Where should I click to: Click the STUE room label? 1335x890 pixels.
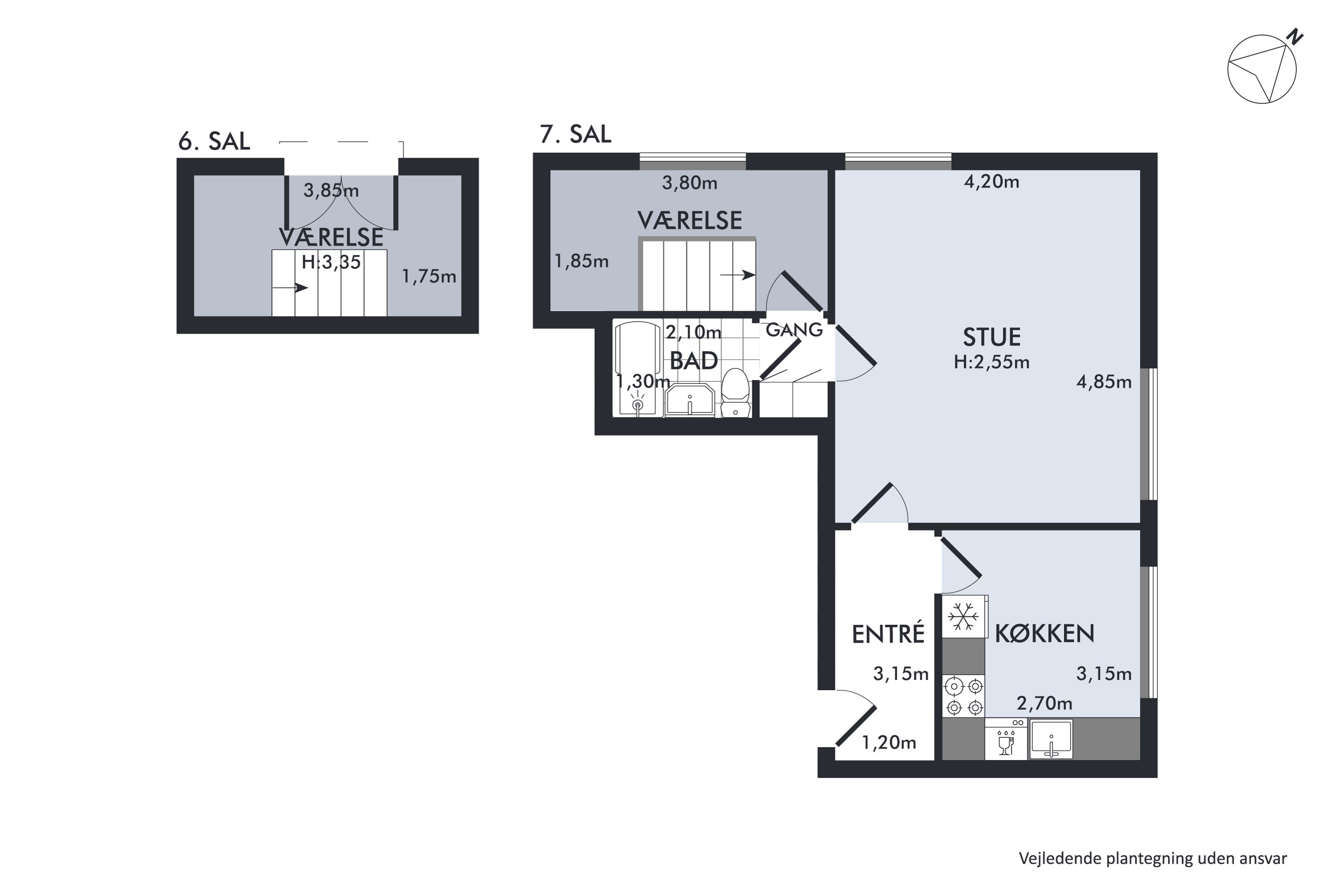(991, 337)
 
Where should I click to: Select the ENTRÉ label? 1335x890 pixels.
(888, 633)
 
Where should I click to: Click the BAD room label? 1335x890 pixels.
(694, 360)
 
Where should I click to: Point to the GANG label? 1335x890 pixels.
(794, 330)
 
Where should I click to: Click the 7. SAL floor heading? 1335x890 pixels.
(575, 134)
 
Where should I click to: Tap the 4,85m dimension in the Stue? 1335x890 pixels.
(1104, 382)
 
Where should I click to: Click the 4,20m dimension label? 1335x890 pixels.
(991, 182)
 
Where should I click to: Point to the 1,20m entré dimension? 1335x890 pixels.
(889, 742)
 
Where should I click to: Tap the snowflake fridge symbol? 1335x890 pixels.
(963, 616)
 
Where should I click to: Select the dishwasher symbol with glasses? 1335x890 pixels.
(1006, 739)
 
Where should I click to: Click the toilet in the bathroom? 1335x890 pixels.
(736, 392)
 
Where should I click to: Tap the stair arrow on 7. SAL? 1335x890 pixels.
(737, 275)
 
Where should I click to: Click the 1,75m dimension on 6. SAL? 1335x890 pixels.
(429, 276)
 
